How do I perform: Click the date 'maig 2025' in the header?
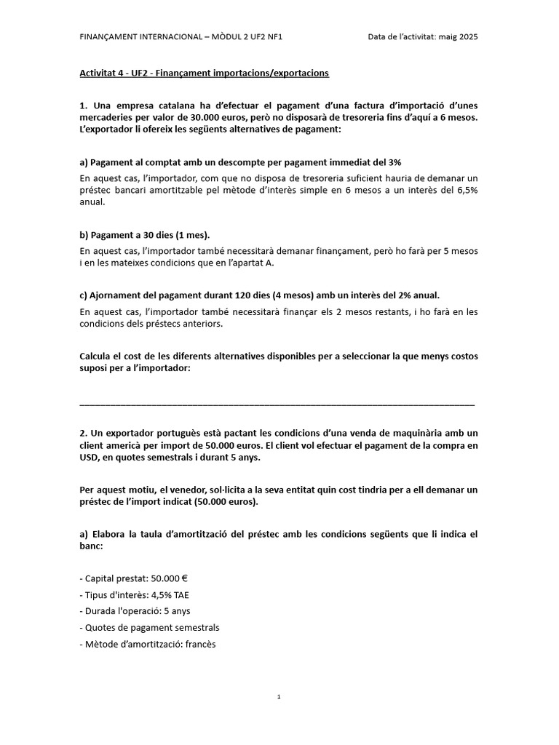pos(457,36)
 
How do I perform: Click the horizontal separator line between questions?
pos(277,403)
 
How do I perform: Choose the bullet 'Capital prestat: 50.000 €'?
pos(134,578)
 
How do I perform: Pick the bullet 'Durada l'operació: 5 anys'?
pos(135,611)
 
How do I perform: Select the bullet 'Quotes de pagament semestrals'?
pos(149,627)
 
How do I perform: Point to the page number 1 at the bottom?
pos(279,697)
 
